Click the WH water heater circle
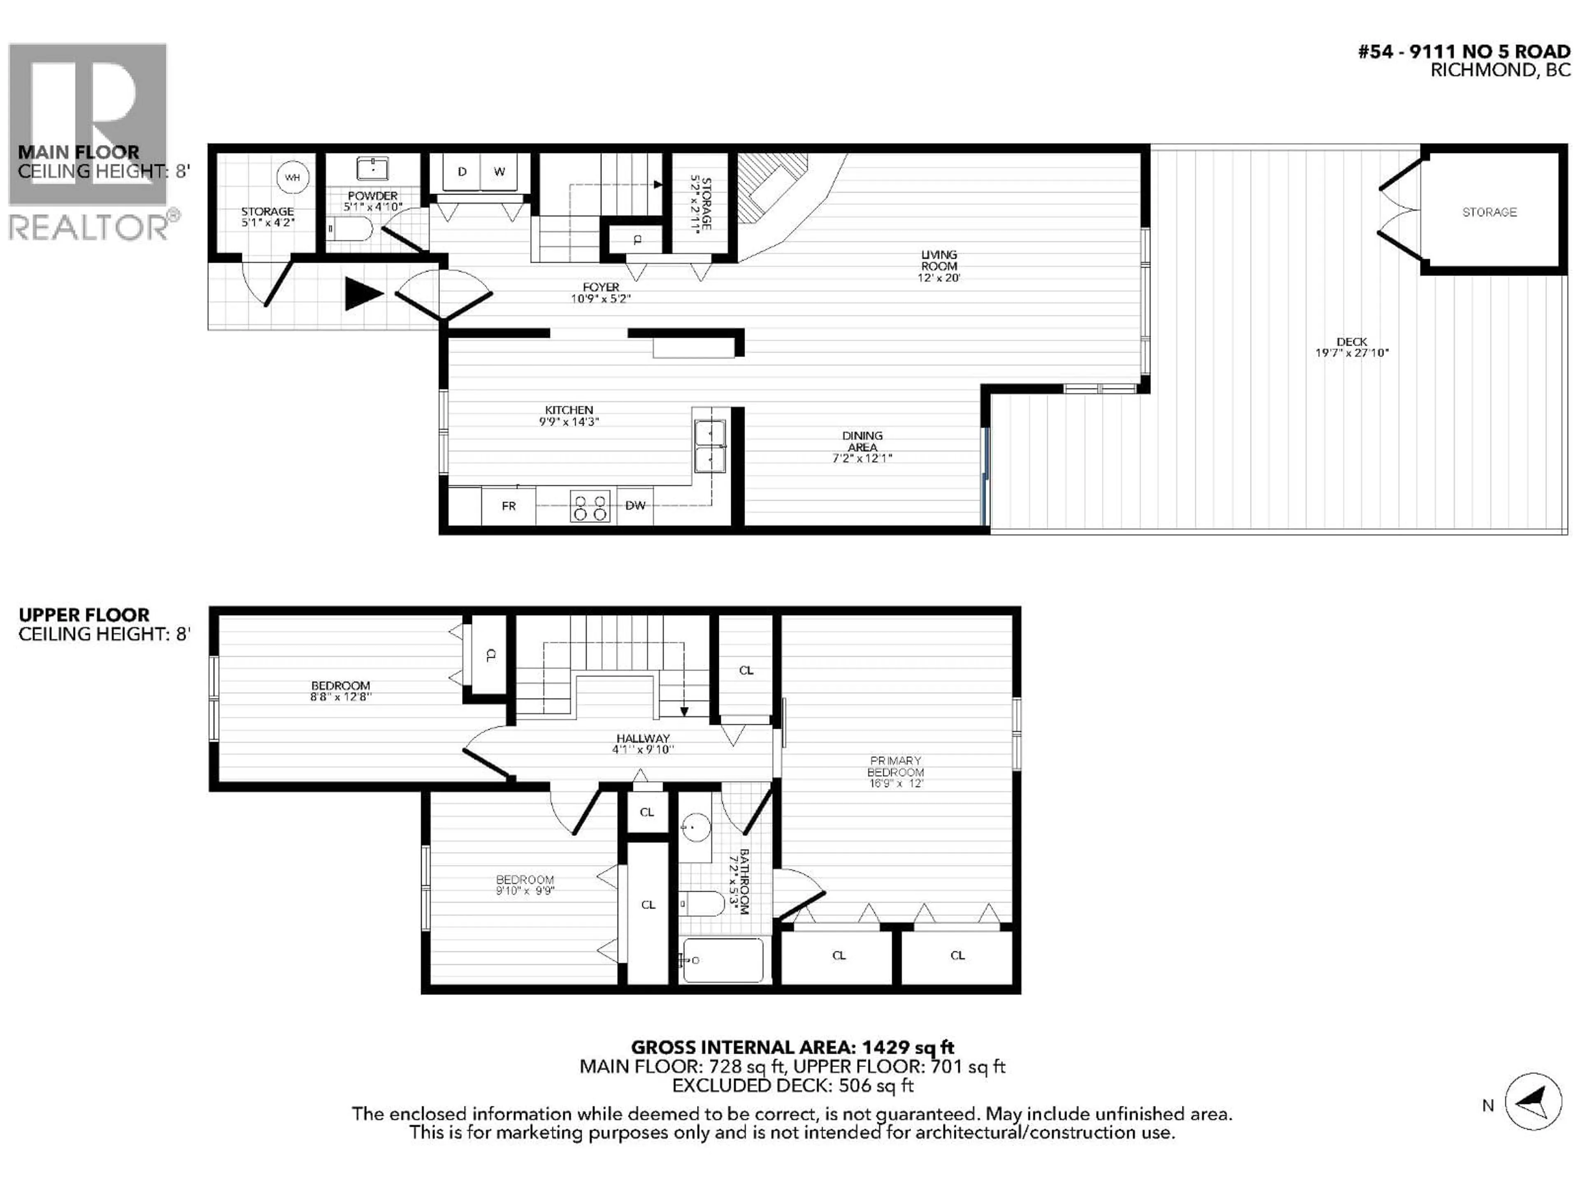click(292, 177)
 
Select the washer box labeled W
click(499, 172)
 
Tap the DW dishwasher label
click(635, 506)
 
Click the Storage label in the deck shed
click(1489, 212)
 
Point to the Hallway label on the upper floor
click(643, 739)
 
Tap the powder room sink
click(372, 169)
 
